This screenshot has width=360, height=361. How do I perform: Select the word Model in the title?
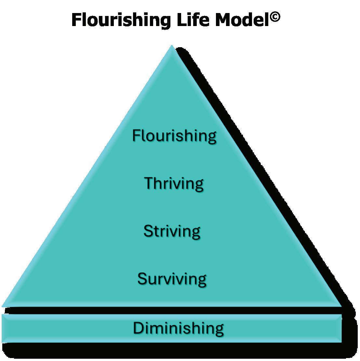coord(242,20)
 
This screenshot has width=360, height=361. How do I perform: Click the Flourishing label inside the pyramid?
coord(174,135)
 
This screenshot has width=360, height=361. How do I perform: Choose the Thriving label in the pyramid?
coord(174,183)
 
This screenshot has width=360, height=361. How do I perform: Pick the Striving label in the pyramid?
coord(172,231)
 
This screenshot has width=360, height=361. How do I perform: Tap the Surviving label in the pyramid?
coord(172,279)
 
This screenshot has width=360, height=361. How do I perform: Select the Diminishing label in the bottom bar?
coord(178,328)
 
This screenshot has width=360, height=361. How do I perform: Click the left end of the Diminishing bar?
coord(4,328)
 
